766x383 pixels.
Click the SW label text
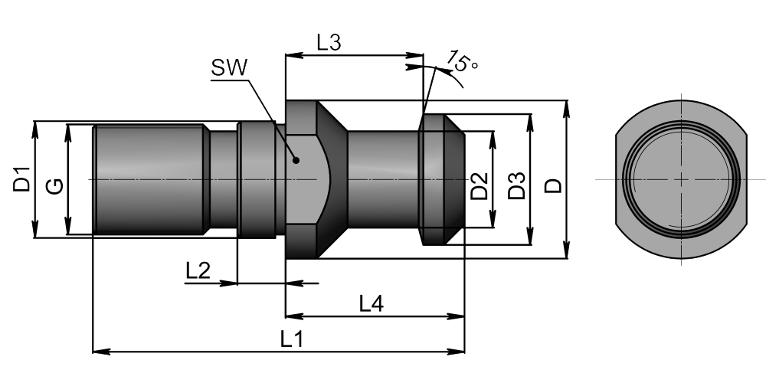pyautogui.click(x=230, y=68)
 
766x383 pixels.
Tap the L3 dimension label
pyautogui.click(x=329, y=42)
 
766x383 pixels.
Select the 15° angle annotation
pyautogui.click(x=462, y=61)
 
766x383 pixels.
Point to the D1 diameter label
pyautogui.click(x=21, y=179)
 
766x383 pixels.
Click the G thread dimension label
pyautogui.click(x=54, y=185)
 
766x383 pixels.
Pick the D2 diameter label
pyautogui.click(x=480, y=186)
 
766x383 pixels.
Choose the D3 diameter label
pyautogui.click(x=516, y=185)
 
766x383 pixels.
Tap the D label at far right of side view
pyautogui.click(x=554, y=186)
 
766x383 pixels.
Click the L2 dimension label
pyautogui.click(x=198, y=270)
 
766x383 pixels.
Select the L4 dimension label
pyautogui.click(x=372, y=304)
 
